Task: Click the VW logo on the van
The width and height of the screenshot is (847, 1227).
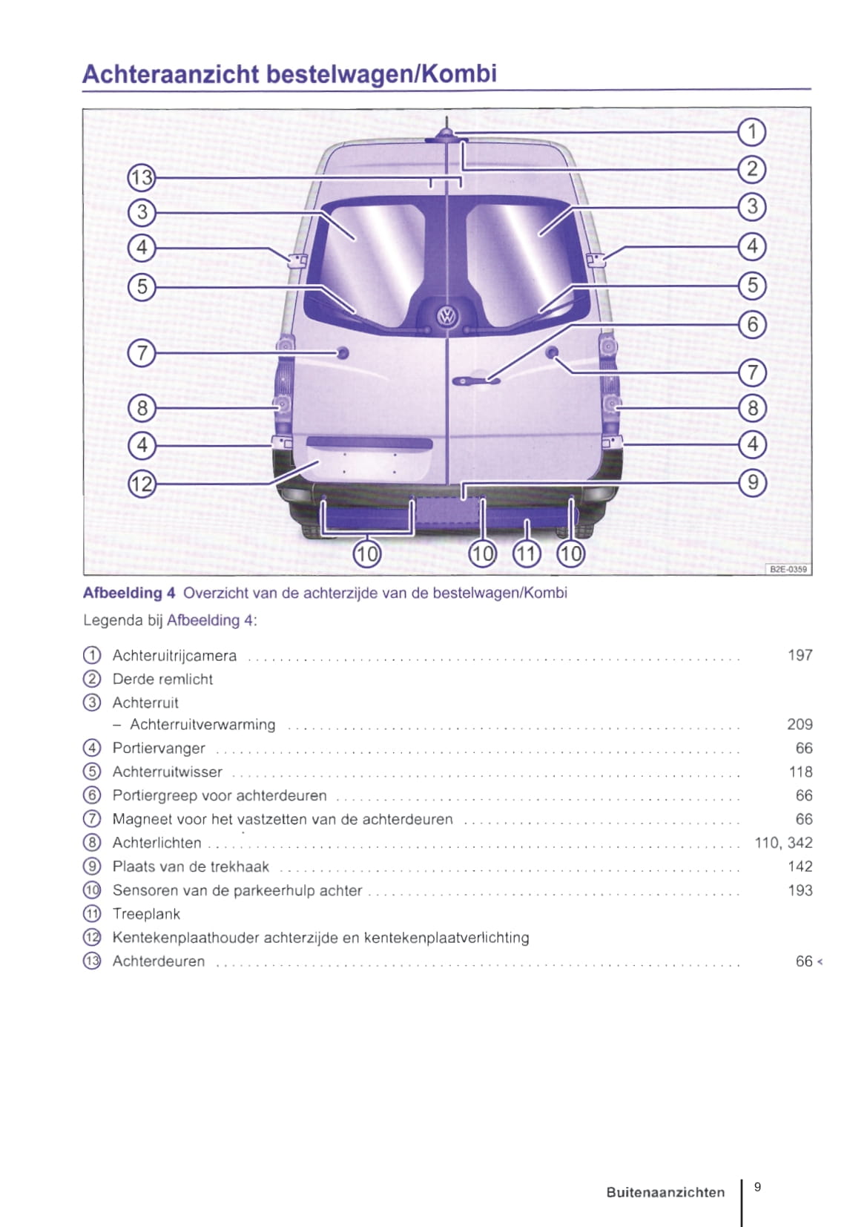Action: tap(446, 316)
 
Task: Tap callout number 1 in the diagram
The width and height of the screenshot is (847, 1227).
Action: tap(752, 132)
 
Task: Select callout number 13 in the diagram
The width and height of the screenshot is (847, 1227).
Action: tap(141, 178)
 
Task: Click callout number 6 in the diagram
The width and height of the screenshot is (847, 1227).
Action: tap(752, 324)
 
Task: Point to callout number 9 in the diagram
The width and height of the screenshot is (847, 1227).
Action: tap(752, 482)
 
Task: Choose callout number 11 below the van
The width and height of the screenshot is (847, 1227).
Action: tap(527, 553)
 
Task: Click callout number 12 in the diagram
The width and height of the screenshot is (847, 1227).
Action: tap(141, 484)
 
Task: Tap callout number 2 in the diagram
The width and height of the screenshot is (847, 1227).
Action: tap(752, 169)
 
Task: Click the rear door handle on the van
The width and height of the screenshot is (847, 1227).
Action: tap(475, 381)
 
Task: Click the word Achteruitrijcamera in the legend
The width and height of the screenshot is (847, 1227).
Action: tap(174, 656)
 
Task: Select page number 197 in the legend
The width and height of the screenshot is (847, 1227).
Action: tap(800, 656)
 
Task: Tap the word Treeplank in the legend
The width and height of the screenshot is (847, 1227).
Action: tap(146, 914)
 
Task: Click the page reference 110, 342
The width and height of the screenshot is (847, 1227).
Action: tap(783, 843)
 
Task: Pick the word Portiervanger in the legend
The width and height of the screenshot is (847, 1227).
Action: tap(159, 749)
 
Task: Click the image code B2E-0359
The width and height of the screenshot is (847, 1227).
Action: tap(788, 569)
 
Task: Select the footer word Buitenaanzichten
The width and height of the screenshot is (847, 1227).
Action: tap(665, 1192)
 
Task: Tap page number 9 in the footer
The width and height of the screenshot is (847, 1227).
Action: tap(757, 1187)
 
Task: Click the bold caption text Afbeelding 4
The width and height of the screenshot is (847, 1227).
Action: tap(129, 593)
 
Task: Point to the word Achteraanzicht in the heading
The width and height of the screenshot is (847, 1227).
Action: tap(171, 74)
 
